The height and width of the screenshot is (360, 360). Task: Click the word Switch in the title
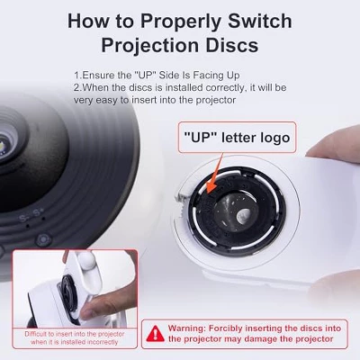tap(260, 21)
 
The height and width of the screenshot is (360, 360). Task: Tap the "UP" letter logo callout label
tap(237, 138)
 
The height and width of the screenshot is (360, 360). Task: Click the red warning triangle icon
tap(155, 334)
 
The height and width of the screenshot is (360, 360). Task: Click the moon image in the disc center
tap(243, 215)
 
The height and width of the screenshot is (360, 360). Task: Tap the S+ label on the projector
tap(39, 213)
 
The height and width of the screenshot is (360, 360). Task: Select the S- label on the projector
tap(24, 218)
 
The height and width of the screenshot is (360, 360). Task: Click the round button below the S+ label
tap(43, 240)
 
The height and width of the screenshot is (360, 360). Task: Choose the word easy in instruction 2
tap(107, 100)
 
